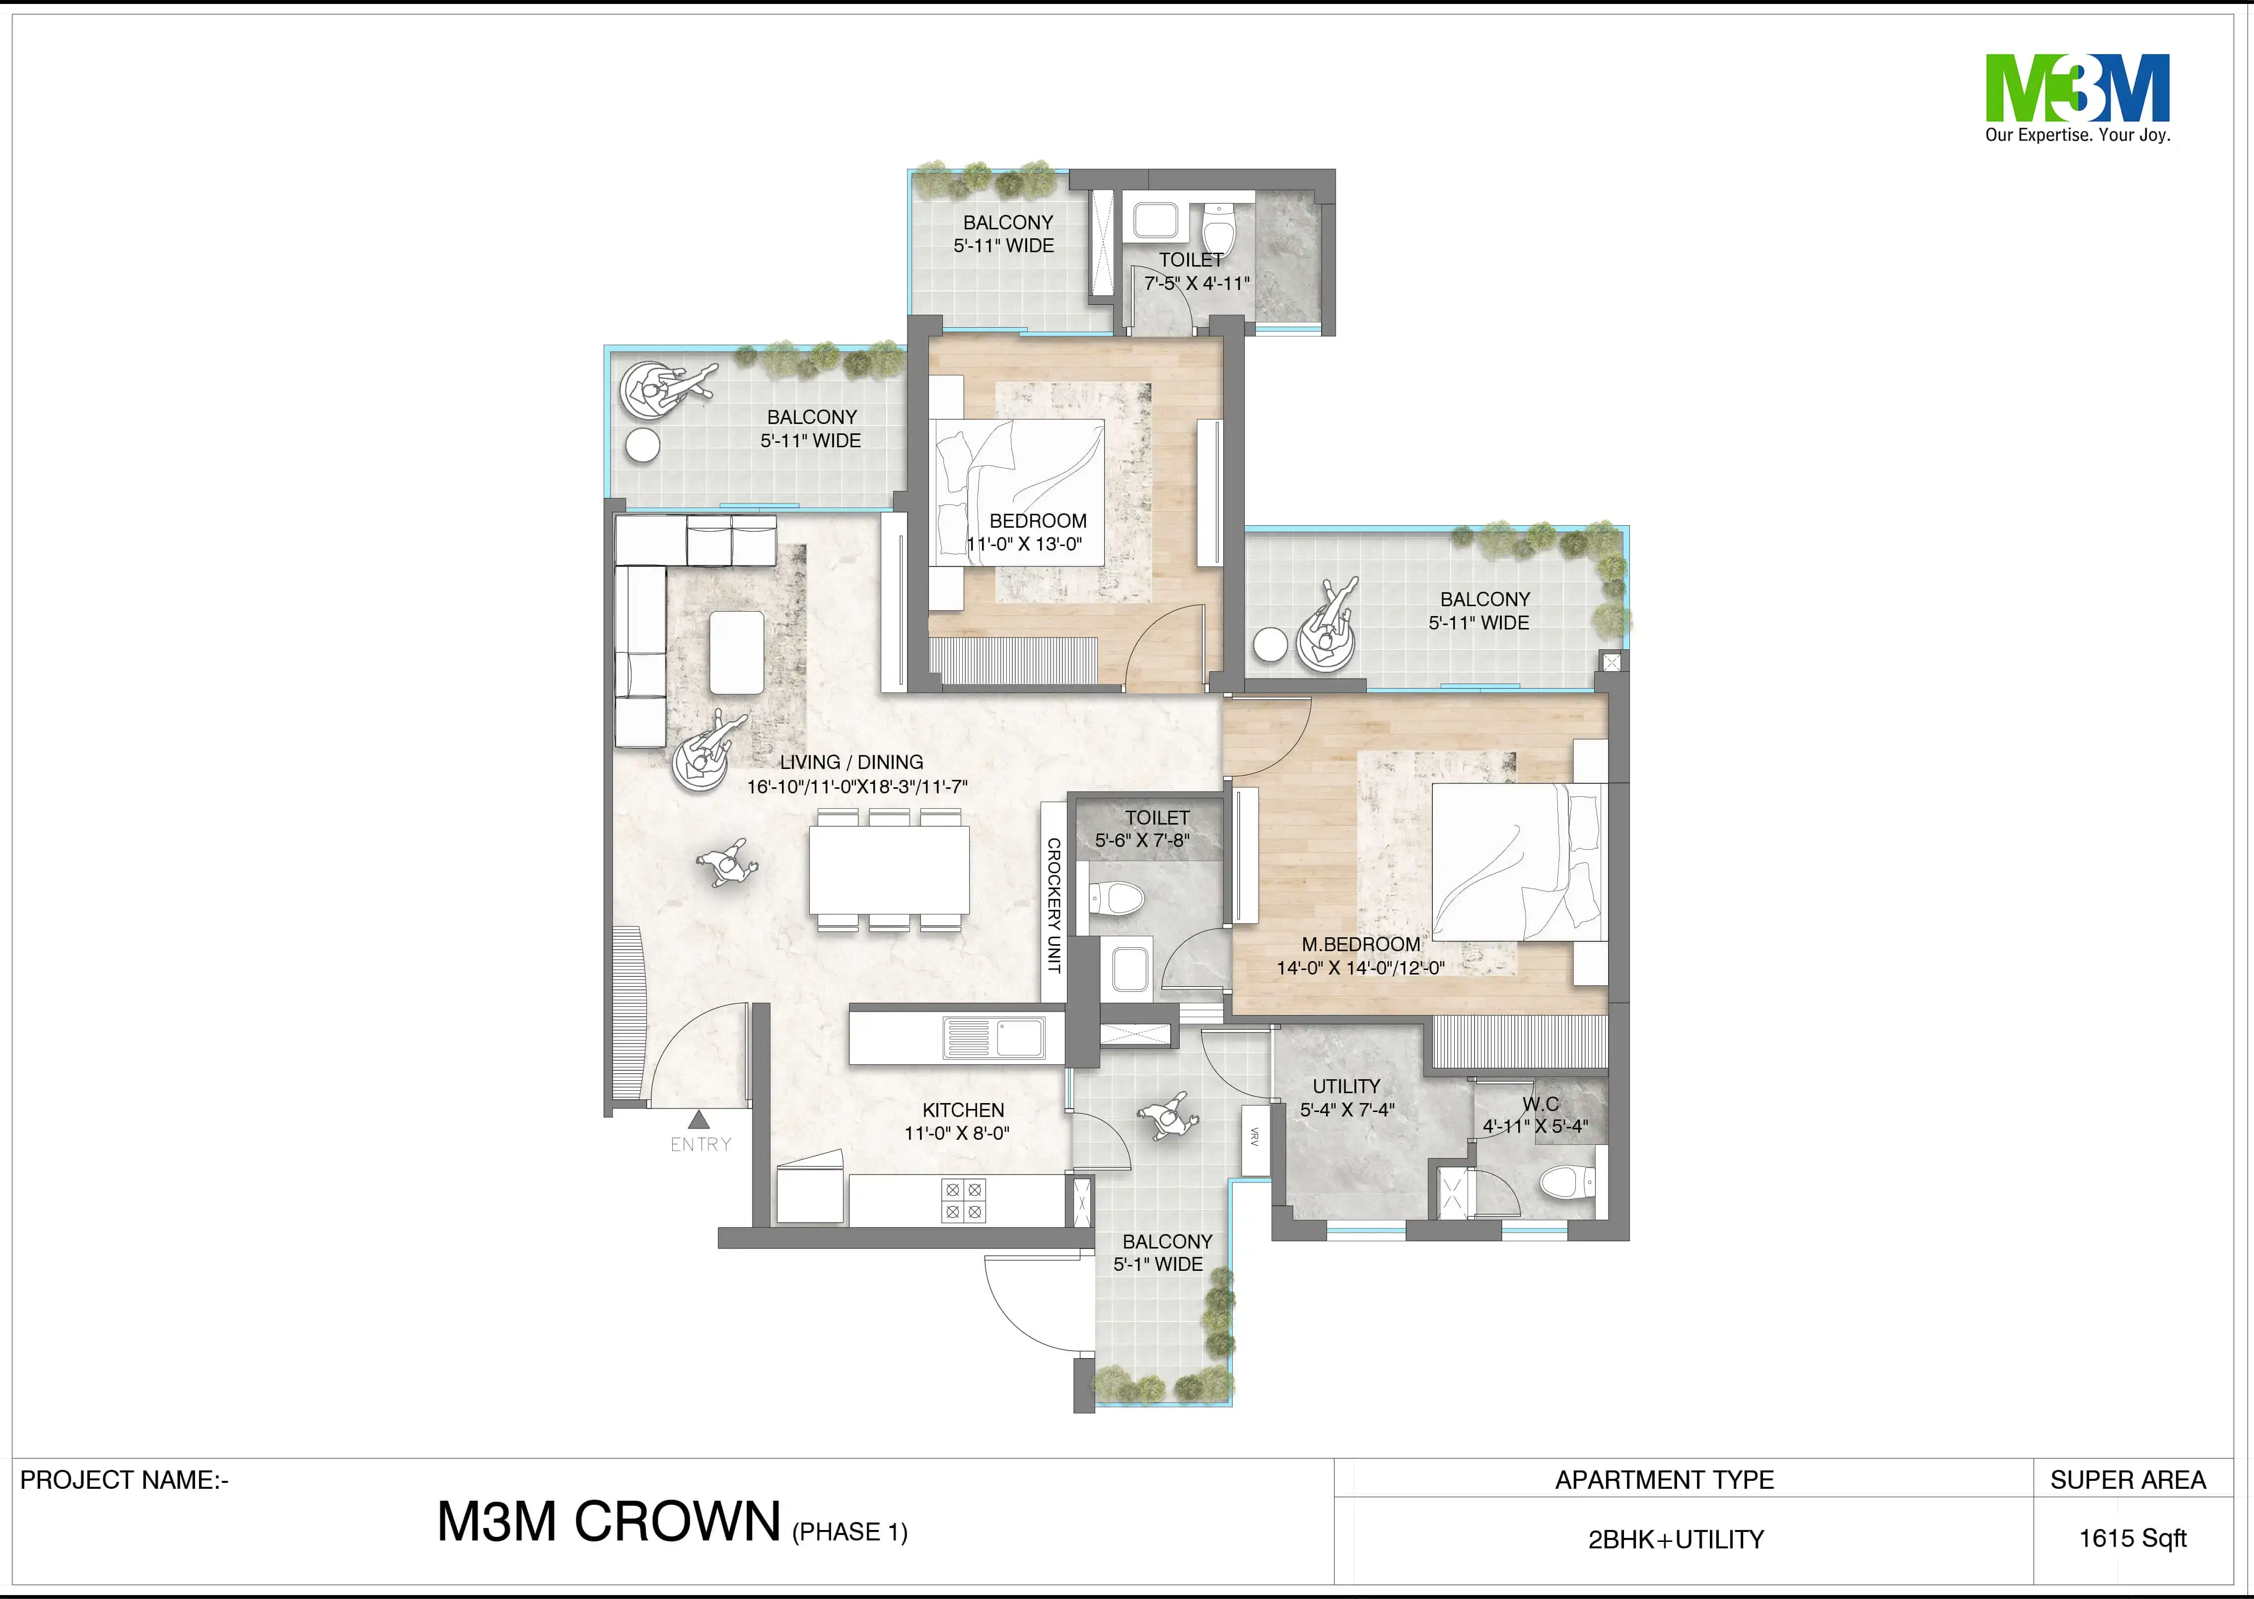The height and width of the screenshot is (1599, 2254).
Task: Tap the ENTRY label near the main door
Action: click(700, 1144)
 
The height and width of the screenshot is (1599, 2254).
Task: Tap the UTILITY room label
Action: click(1346, 1086)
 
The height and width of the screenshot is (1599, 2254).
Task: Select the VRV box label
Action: click(1254, 1137)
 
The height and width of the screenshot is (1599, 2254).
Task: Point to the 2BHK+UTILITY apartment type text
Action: click(1676, 1539)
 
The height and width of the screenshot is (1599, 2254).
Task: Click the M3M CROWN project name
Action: click(609, 1521)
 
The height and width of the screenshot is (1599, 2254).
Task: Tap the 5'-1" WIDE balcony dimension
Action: click(1158, 1264)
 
